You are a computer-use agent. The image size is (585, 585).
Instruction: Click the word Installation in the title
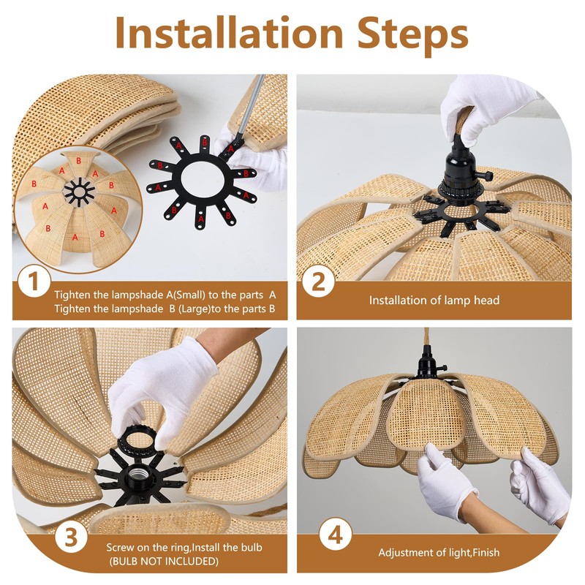(229, 33)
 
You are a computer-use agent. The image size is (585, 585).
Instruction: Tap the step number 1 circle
(34, 282)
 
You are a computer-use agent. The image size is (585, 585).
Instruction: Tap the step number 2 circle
(318, 282)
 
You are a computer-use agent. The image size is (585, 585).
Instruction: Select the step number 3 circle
(71, 538)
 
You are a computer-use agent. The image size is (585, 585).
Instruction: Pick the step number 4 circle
(335, 536)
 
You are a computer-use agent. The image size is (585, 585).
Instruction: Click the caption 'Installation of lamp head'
(434, 301)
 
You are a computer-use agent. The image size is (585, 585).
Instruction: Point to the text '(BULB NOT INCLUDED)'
(164, 561)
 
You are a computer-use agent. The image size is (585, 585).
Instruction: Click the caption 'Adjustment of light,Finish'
(439, 553)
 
